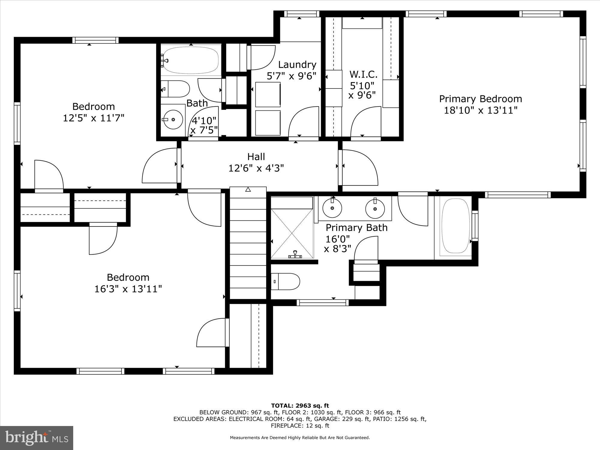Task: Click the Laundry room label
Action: [x=297, y=64]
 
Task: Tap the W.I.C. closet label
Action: [x=363, y=74]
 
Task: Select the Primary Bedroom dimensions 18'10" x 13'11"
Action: [x=481, y=110]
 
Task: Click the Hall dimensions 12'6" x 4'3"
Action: [x=256, y=168]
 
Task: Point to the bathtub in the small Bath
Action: [x=191, y=60]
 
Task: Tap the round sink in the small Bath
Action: [x=173, y=119]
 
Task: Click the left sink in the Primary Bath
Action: [x=332, y=208]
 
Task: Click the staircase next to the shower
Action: [x=248, y=243]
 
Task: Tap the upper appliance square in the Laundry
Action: [x=268, y=94]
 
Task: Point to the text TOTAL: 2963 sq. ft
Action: [x=300, y=406]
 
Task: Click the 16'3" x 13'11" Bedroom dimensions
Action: [x=128, y=289]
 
